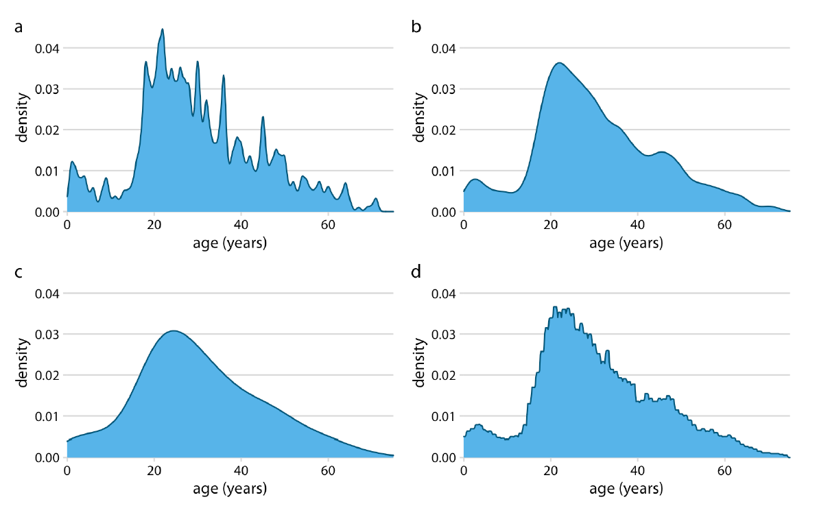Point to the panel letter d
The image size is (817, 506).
[416, 273]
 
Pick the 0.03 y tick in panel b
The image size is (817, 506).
[444, 89]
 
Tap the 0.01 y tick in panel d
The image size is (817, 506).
[444, 416]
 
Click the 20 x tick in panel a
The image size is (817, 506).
[154, 225]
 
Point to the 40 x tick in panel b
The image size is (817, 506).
[638, 225]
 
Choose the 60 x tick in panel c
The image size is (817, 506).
[329, 470]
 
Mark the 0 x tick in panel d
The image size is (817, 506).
[464, 470]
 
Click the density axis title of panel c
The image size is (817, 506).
[23, 363]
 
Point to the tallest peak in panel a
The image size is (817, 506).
[163, 29]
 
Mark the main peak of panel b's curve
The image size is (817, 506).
[560, 63]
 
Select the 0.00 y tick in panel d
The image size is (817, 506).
[444, 457]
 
